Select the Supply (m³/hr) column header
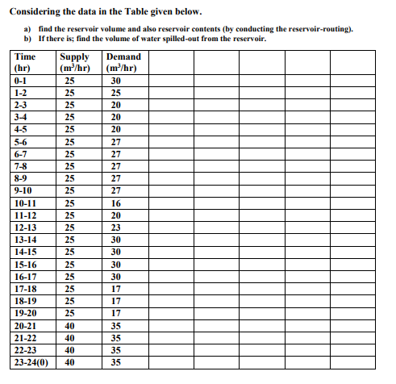click(x=74, y=62)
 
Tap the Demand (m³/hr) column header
click(x=123, y=62)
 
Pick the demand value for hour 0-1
click(x=115, y=81)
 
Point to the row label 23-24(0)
click(x=31, y=362)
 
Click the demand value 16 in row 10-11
click(x=115, y=204)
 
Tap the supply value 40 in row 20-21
click(x=70, y=325)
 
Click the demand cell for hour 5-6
click(x=115, y=141)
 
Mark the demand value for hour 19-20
click(x=115, y=312)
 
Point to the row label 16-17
click(x=27, y=276)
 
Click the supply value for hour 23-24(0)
click(x=70, y=362)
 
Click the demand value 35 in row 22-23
click(x=115, y=350)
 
